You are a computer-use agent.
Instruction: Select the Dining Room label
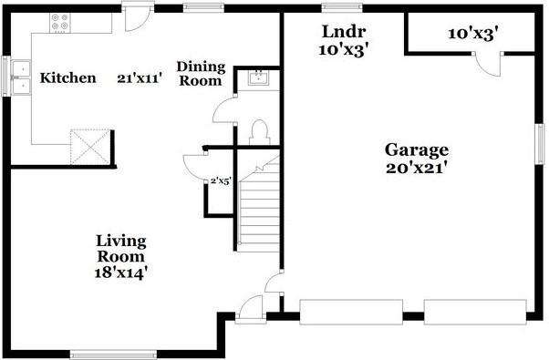pos(199,73)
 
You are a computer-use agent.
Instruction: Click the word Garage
pos(416,149)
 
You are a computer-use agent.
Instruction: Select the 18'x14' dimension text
pos(121,272)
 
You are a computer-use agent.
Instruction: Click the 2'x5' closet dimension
pos(221,181)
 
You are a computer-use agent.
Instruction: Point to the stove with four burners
pos(61,23)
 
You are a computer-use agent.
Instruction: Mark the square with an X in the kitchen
pos(91,145)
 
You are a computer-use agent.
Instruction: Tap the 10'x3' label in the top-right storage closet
pos(472,34)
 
